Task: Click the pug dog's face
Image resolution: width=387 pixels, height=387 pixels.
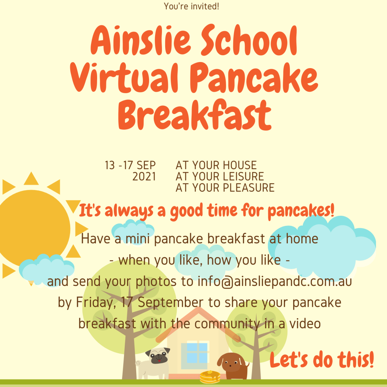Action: coord(158,356)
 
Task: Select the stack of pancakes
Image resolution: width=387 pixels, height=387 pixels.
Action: coord(210,377)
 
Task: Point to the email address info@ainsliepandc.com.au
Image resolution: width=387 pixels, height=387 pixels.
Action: coord(275,282)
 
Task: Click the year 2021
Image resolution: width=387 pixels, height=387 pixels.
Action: coord(144,177)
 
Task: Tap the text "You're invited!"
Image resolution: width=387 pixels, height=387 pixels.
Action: coord(191,6)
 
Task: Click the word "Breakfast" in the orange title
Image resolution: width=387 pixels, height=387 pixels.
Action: coord(195,115)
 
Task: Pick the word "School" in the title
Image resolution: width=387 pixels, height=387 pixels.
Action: coord(249,40)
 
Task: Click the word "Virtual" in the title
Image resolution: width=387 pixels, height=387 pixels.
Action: coord(124,77)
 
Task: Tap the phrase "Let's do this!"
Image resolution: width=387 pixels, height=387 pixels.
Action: coord(322,360)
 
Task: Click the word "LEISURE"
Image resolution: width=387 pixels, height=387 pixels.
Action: coord(241,177)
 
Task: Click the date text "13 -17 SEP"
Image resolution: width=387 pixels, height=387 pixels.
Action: coord(130,165)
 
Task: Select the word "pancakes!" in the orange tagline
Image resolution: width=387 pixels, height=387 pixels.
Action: coord(301,211)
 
